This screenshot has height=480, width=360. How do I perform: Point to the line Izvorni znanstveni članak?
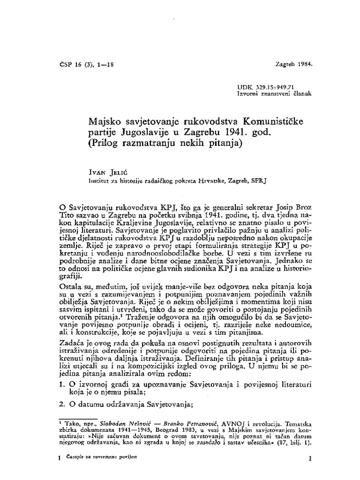tap(275, 94)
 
